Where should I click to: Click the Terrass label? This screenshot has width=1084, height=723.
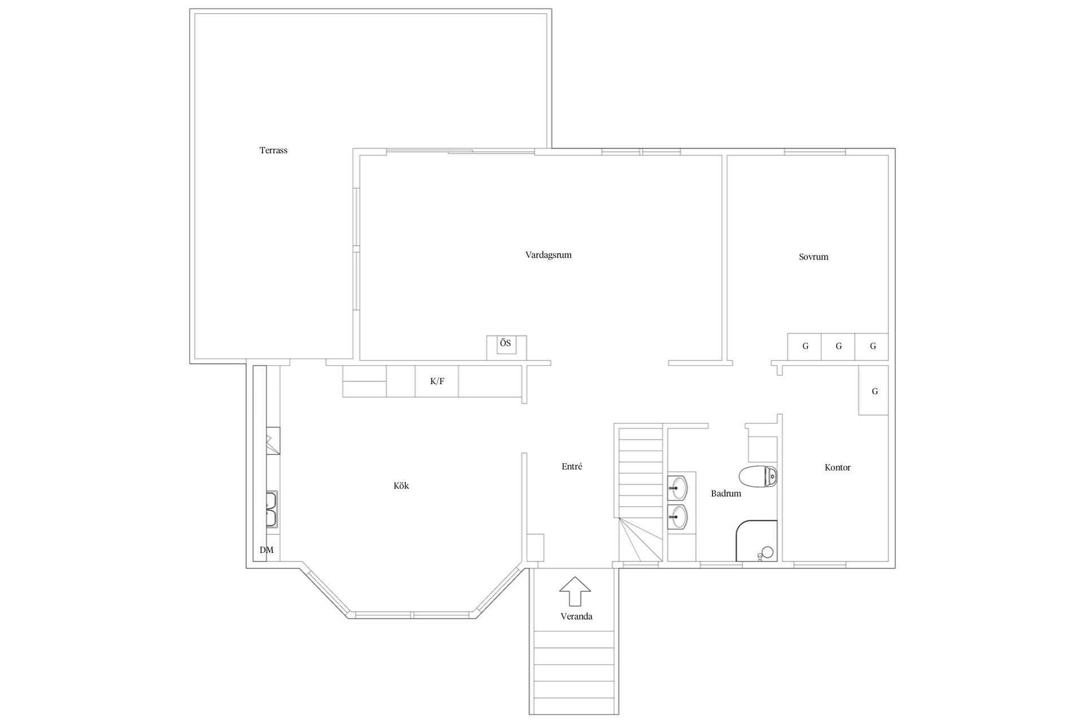click(273, 150)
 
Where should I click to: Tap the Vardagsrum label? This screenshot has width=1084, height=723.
click(548, 255)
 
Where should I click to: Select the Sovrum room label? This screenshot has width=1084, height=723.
click(813, 256)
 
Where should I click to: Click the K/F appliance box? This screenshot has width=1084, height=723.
click(437, 381)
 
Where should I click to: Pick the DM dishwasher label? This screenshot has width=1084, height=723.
click(266, 550)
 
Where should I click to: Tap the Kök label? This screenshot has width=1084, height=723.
click(401, 485)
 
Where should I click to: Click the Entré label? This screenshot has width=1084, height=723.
click(571, 467)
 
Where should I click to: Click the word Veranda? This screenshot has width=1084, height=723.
click(576, 616)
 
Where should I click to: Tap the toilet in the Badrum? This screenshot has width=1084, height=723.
click(758, 476)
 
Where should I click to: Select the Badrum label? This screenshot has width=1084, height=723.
click(725, 493)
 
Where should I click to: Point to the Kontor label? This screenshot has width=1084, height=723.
click(837, 467)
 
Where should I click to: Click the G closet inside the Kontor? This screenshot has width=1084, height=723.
click(874, 391)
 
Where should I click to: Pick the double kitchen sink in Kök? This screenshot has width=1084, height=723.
click(272, 509)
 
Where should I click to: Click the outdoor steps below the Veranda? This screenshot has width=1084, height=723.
click(574, 672)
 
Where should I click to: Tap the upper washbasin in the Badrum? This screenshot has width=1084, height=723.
click(677, 487)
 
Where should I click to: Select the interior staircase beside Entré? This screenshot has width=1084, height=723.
click(640, 491)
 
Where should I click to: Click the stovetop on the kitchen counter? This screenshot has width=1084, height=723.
click(273, 441)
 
